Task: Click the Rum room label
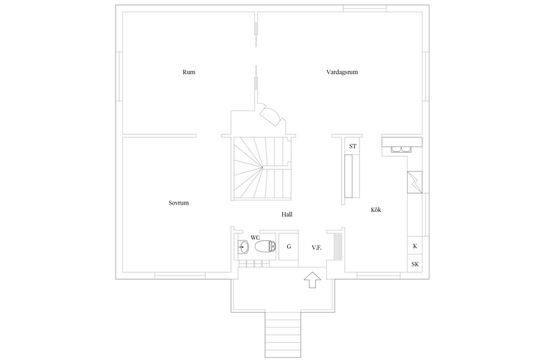point(189,72)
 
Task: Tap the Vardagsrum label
point(342,72)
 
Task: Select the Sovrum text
point(179,203)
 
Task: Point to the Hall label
point(287,214)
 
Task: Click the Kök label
point(376,210)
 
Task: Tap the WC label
point(255,238)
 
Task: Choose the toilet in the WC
point(265,246)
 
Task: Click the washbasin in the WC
point(243,247)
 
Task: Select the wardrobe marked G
point(288,247)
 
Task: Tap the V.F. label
point(317,248)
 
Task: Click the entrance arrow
point(312,280)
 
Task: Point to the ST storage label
point(353,146)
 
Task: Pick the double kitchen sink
point(401,149)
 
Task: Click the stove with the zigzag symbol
point(415,182)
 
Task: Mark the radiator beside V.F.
point(338,247)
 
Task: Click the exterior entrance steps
point(283,335)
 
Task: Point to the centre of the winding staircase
point(262,167)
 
